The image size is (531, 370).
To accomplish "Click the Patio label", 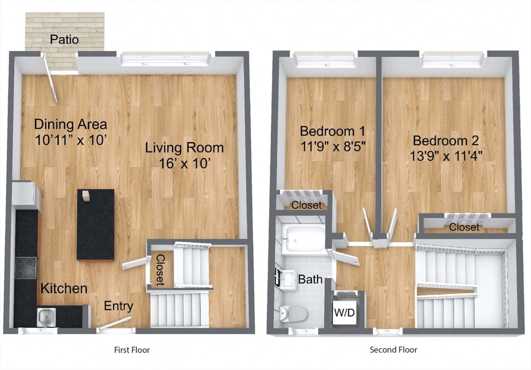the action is coord(64,39).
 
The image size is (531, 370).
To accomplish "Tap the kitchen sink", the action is coord(46,317).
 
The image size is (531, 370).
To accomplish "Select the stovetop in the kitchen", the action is coord(26,268).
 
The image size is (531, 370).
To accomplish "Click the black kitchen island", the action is coord(95,225).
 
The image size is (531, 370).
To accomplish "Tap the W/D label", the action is coord(344,312).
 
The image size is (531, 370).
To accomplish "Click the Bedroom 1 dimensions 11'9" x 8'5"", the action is coord(333,146).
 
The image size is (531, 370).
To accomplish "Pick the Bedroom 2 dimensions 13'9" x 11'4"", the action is coord(446,156).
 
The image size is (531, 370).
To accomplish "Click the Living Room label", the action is coord(185,148).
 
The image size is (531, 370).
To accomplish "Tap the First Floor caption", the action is coord(132,350).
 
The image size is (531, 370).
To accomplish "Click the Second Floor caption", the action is coord(393,350).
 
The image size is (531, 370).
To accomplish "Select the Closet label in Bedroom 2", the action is coord(464,227).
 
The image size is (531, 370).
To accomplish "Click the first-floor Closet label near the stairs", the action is coord(160,270).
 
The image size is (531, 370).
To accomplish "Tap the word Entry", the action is coord(118,306).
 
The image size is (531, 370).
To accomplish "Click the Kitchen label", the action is coord(64,289).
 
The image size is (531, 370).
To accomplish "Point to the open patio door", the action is coord(50,78).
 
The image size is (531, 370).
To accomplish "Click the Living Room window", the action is coord(165,59).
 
